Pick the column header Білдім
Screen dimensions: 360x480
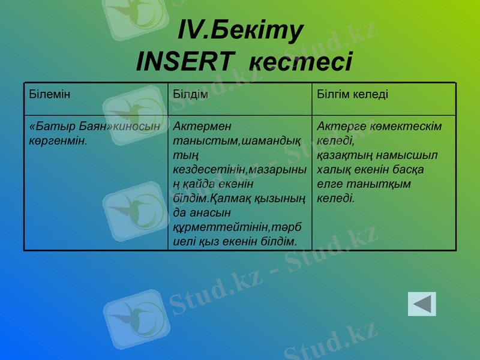(x=190, y=95)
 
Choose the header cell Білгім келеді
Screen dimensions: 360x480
(x=353, y=95)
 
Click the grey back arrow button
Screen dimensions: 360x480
(x=422, y=304)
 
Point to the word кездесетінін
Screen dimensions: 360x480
(x=209, y=170)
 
